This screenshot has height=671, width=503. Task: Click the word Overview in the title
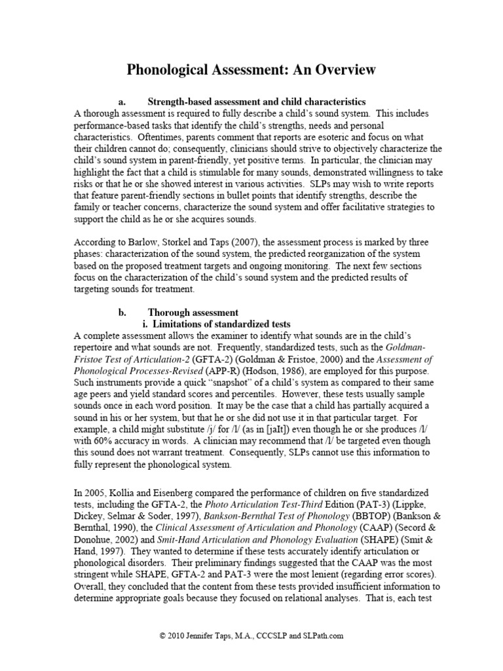(x=335, y=69)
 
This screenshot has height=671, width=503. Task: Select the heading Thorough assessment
(x=193, y=313)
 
